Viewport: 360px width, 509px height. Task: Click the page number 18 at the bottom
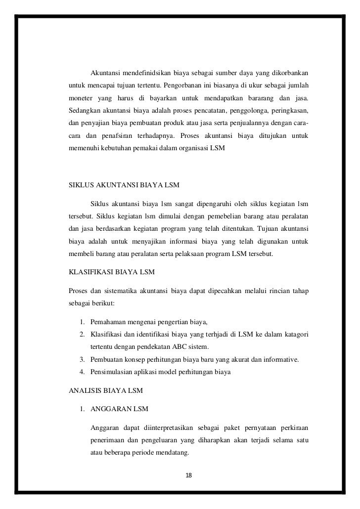(188, 475)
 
